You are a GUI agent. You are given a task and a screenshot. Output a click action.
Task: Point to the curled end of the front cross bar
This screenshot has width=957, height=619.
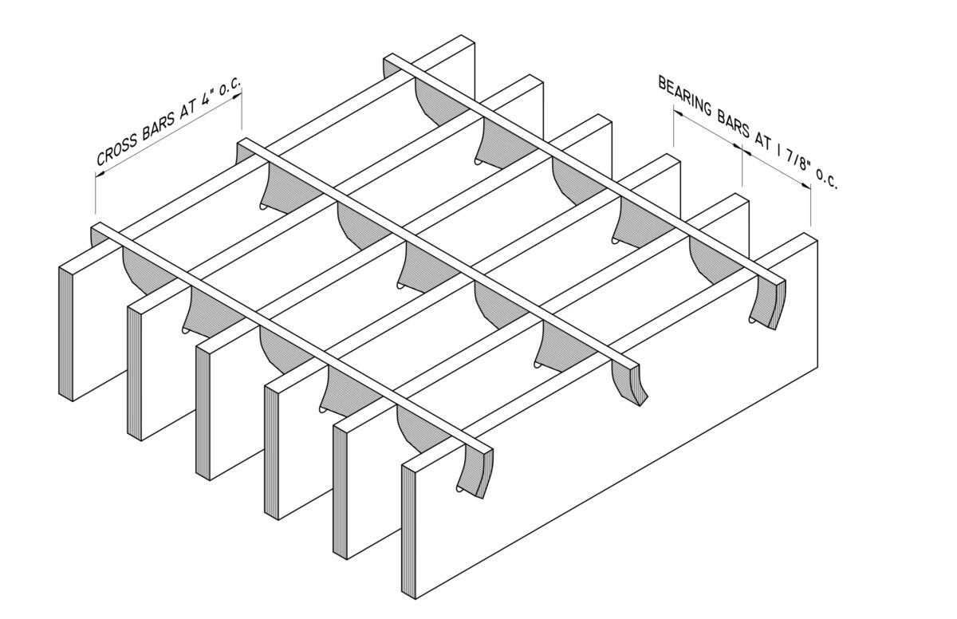pyautogui.click(x=475, y=471)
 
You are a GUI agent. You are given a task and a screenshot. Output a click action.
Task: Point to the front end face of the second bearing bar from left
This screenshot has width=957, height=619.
pyautogui.click(x=134, y=371)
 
